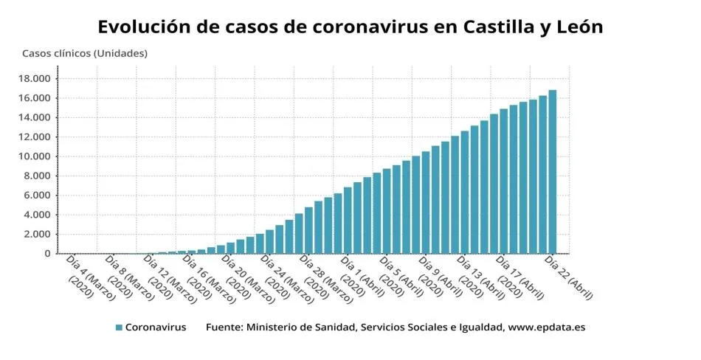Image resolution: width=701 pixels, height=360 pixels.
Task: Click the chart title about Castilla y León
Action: pyautogui.click(x=350, y=27)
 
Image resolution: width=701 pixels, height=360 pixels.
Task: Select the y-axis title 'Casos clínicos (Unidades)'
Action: pyautogui.click(x=85, y=53)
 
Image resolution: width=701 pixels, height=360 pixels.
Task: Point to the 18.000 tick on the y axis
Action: pyautogui.click(x=35, y=79)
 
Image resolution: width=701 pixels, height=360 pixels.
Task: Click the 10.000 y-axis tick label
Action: pyautogui.click(x=35, y=156)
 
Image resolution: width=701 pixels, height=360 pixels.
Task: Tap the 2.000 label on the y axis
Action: pyautogui.click(x=37, y=235)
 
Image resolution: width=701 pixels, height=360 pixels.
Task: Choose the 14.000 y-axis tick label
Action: pyautogui.click(x=35, y=118)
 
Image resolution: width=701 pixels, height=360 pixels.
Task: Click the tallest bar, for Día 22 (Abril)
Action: pyautogui.click(x=552, y=173)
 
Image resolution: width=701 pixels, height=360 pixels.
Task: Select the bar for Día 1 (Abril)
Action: pyautogui.click(x=348, y=221)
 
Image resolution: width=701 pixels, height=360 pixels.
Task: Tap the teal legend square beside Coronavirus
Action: pyautogui.click(x=119, y=327)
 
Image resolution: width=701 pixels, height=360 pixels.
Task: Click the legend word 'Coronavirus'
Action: pyautogui.click(x=155, y=327)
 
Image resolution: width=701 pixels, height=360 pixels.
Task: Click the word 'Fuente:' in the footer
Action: pyautogui.click(x=224, y=327)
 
